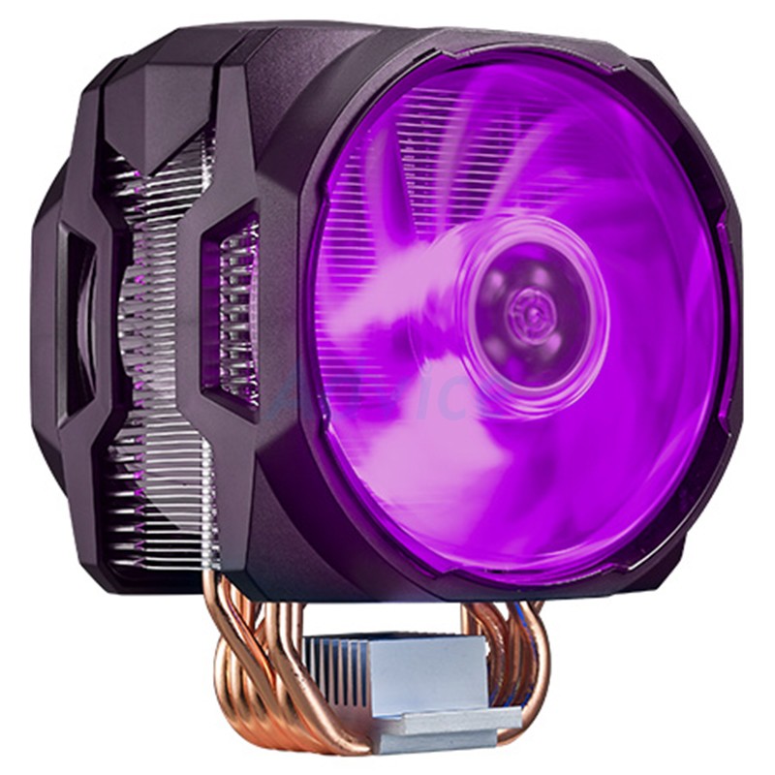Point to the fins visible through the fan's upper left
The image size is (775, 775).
(x=387, y=165)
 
